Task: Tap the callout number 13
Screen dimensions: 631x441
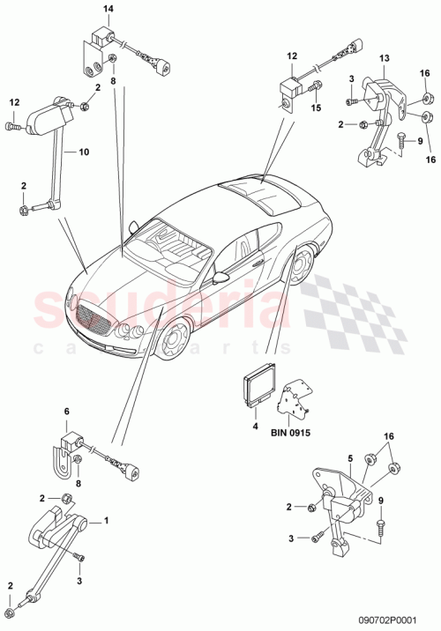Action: coord(385,59)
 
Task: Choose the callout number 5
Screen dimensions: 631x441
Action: coord(349,457)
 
